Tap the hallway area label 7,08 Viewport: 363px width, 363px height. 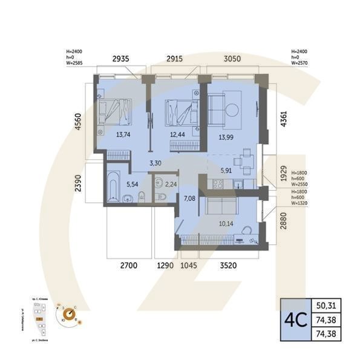(x=189, y=198)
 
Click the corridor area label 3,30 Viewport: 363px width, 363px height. (x=155, y=162)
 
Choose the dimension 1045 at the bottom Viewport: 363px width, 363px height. (x=190, y=265)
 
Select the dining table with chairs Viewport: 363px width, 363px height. (x=245, y=160)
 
